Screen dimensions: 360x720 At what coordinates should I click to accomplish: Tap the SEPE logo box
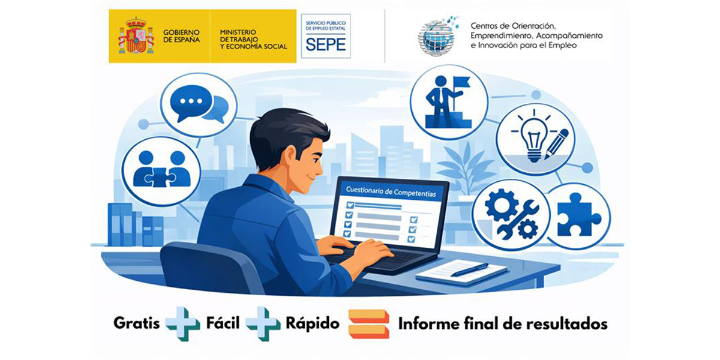coord(325,36)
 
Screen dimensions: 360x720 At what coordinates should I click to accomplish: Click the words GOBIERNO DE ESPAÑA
coord(181,35)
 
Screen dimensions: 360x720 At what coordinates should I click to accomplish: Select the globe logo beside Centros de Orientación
coord(438,36)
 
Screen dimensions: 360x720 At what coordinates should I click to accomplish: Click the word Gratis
coord(137,324)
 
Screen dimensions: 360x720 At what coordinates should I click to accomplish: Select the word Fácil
coord(222,324)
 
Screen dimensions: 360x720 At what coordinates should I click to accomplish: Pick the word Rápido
coord(312,324)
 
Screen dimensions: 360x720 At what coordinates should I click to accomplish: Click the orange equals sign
coord(368,324)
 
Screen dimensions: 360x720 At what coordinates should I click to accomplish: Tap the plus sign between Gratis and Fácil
coord(182,324)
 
